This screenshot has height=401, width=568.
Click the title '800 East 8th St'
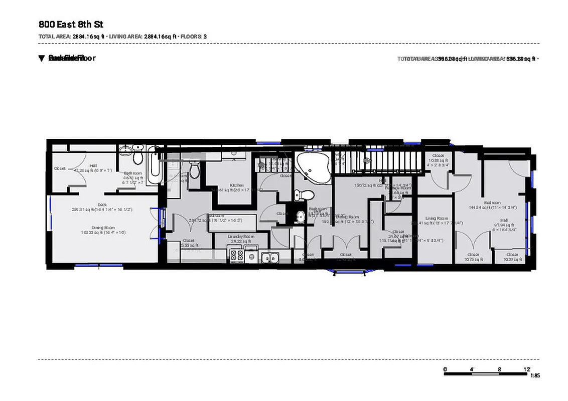tap(71, 25)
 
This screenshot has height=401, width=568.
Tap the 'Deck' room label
tap(102, 205)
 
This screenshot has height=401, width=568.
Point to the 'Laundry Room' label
tap(241, 236)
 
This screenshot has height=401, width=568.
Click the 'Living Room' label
tap(437, 219)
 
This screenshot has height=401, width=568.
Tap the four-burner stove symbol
tap(237, 257)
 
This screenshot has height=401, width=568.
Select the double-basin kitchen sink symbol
tap(270, 258)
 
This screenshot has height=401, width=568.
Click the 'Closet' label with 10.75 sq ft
tap(473, 255)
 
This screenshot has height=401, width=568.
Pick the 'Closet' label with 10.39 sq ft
tap(514, 255)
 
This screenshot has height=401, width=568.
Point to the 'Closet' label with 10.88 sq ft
tap(438, 156)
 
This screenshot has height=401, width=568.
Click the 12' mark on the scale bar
tap(527, 369)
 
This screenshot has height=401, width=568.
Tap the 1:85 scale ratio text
tap(535, 376)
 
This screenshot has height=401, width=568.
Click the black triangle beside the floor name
tap(42, 58)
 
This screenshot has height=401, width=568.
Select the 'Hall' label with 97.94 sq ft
tap(504, 220)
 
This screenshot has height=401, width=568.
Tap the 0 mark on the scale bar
tap(445, 369)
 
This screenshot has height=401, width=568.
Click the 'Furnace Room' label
tap(398, 188)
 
